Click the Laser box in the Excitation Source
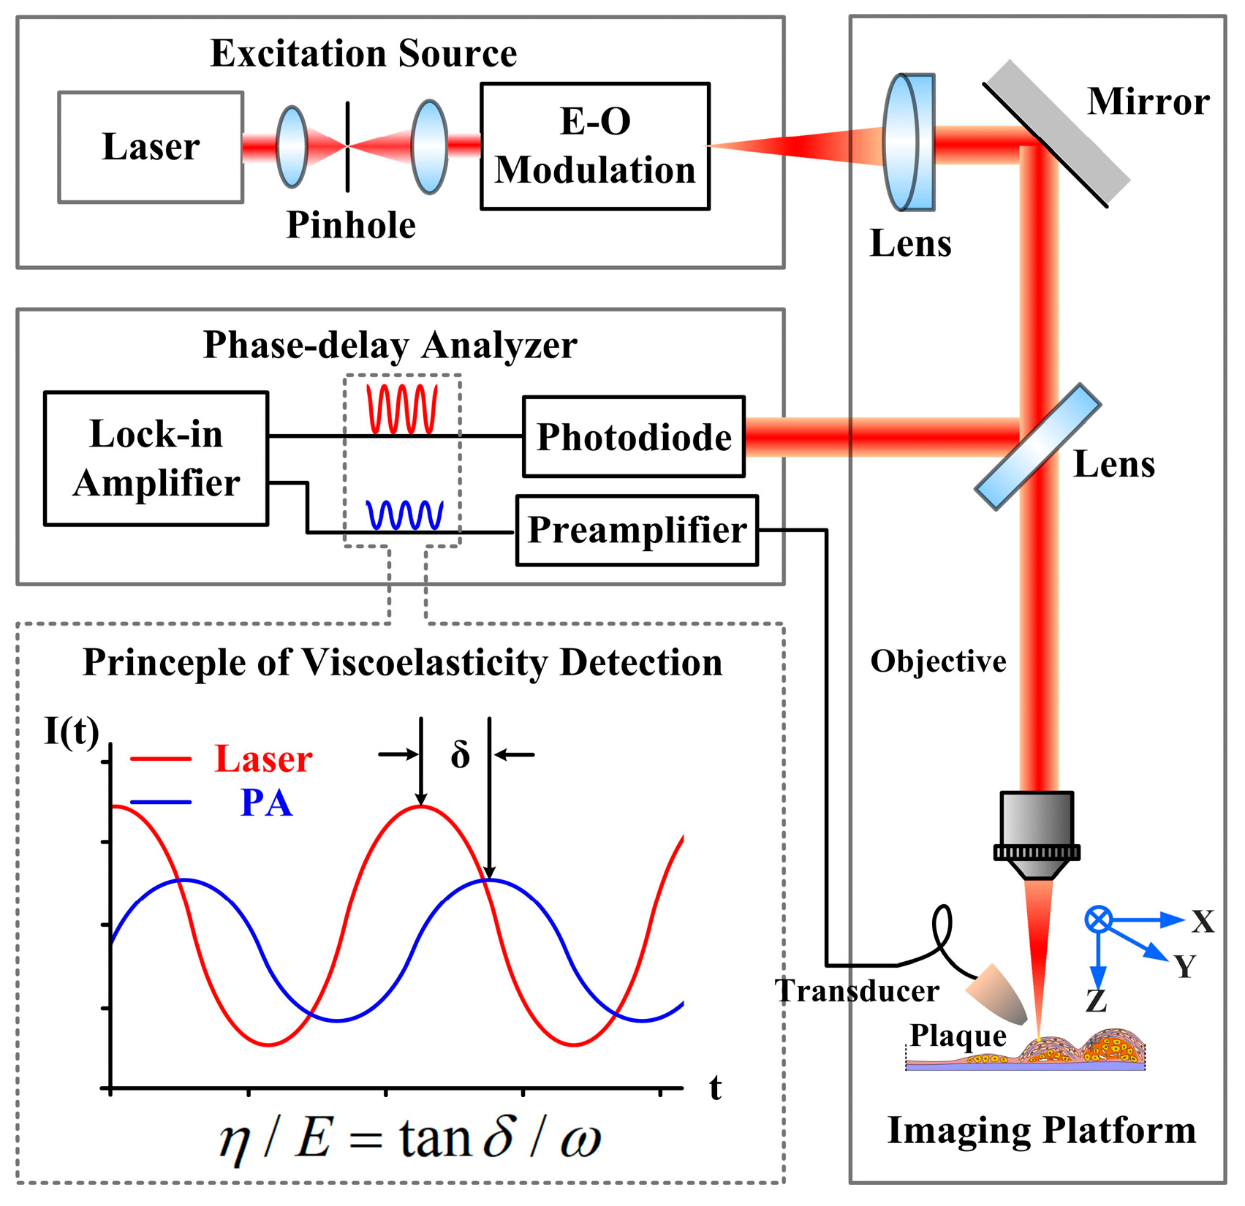151,147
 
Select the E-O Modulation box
594,146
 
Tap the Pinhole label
351,225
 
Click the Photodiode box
634,437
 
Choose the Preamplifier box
637,531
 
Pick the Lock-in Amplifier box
156,458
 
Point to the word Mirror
1148,102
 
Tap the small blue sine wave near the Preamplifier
404,515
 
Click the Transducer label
856,991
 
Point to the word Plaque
958,1036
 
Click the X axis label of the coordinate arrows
1203,922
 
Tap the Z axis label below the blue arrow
1095,1001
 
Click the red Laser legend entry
263,759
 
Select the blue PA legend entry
266,803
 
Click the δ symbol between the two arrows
460,754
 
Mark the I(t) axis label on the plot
72,730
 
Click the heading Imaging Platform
1041,1130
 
